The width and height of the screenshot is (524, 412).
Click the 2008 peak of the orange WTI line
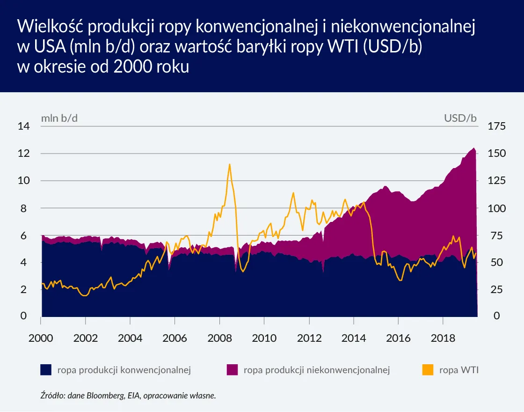229,164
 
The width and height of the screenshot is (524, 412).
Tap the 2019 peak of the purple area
473,148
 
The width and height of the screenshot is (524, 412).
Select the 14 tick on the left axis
23,126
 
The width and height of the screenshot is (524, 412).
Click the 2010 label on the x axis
264,337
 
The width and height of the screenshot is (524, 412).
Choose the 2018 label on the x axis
443,337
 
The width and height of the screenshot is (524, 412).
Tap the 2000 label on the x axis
41,337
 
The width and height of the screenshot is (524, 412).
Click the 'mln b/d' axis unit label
59,118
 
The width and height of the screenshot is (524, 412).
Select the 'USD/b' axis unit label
460,118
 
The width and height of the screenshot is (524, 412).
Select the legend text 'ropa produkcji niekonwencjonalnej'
317,370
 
